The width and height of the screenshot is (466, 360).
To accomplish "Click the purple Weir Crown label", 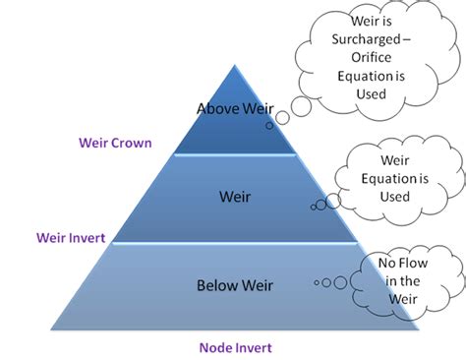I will [115, 143].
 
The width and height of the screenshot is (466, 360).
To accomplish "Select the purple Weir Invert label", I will [71, 237].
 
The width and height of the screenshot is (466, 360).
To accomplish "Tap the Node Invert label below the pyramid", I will [235, 347].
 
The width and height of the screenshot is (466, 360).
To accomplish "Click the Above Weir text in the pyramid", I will [235, 108].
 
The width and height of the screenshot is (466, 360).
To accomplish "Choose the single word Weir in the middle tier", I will [235, 197].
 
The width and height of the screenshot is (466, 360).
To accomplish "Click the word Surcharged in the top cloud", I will [368, 42].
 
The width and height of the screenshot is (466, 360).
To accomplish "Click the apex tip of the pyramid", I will [235, 65].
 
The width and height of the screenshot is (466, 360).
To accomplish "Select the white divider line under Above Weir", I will [235, 154].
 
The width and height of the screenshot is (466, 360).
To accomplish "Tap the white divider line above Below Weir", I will [235, 243].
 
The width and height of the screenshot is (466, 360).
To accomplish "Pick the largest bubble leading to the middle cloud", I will [333, 201].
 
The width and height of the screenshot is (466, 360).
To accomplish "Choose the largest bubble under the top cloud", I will [282, 118].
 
